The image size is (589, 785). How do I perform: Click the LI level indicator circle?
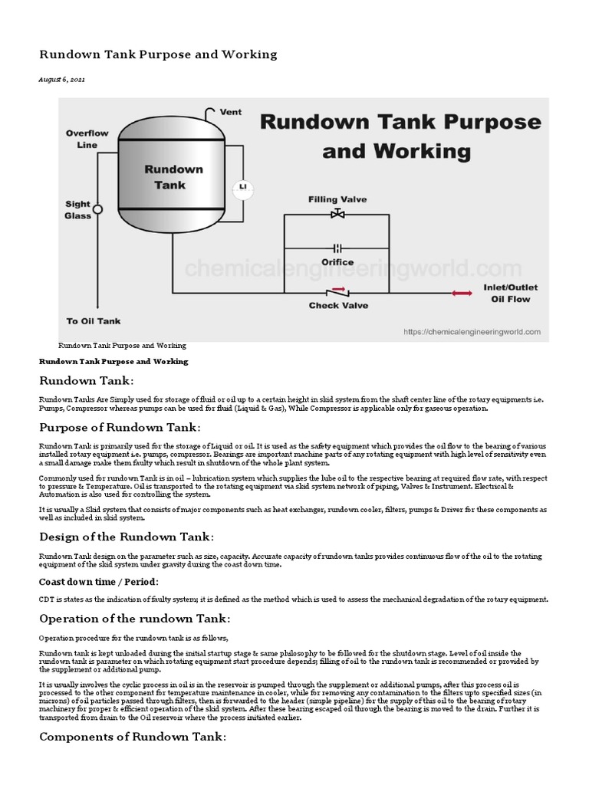pos(243,186)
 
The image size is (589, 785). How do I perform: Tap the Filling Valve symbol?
pos(337,214)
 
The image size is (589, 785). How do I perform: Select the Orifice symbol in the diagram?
pos(337,248)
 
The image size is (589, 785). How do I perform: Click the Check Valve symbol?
pos(337,292)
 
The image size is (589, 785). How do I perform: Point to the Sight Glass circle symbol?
pos(97,207)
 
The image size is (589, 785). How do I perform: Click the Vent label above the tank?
pos(230,112)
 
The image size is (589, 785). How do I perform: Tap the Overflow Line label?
pos(87,139)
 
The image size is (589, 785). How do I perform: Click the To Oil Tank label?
pos(94,321)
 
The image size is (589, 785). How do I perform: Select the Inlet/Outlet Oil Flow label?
pos(510,293)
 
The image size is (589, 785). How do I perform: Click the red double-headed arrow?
pos(461,293)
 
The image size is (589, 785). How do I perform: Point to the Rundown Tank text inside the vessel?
pos(175,177)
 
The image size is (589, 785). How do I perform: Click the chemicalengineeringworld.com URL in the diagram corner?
pos(472,332)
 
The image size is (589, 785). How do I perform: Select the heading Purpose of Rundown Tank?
pos(120,427)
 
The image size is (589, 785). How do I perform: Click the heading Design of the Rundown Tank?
pos(127,536)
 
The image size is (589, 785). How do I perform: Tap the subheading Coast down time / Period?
pos(99,582)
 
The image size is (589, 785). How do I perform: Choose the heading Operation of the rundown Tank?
pos(134,619)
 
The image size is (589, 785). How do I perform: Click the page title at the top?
pos(158,54)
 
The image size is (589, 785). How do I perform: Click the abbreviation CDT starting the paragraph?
pos(46,599)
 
